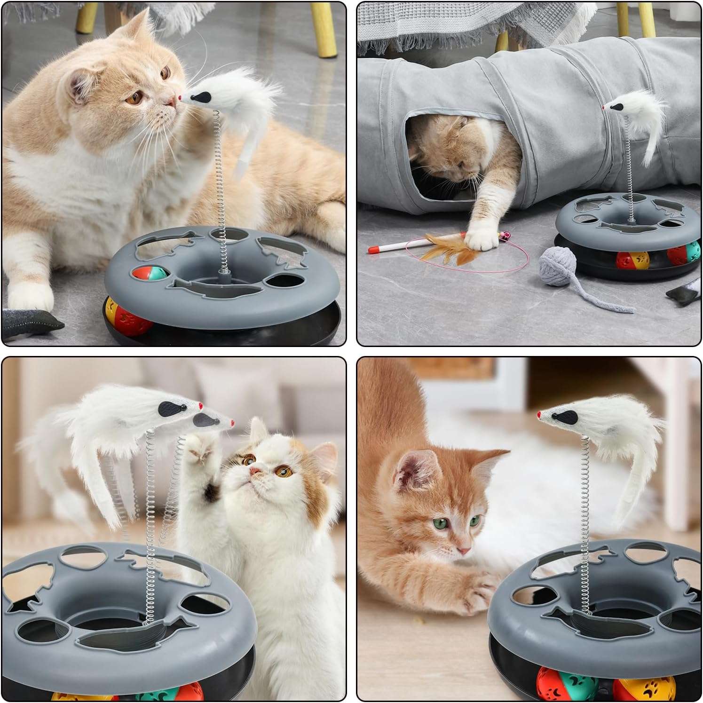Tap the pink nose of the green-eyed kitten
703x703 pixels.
pos(464,550)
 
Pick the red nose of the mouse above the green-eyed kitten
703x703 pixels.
pos(539,415)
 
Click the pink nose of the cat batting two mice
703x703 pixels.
pos(254,470)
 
